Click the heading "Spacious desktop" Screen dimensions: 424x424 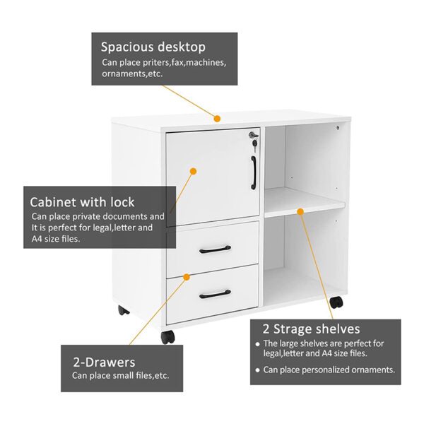[x=153, y=47]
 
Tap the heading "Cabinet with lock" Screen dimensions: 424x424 [x=82, y=202]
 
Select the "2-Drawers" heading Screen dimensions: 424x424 [x=104, y=363]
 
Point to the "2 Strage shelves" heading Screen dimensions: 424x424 [x=311, y=329]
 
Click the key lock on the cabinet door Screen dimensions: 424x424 [x=254, y=139]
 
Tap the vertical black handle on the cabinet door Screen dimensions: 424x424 [x=254, y=172]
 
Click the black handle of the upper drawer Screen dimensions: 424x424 [x=215, y=249]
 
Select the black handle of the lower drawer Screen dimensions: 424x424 [x=215, y=294]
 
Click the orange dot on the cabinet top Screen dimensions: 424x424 [x=217, y=119]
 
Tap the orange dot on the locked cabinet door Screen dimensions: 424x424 [x=193, y=171]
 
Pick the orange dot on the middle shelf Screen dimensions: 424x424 [x=300, y=211]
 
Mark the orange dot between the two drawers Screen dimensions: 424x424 [x=187, y=277]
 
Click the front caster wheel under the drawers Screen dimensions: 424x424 [x=167, y=337]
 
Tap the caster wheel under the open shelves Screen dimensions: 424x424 [x=336, y=302]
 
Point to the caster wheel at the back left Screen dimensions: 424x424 [x=123, y=310]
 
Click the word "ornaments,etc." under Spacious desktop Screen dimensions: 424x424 [x=132, y=73]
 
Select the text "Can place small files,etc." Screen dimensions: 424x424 [x=121, y=376]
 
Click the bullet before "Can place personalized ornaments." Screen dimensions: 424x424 [x=258, y=370]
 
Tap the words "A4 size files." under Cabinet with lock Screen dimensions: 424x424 [x=56, y=239]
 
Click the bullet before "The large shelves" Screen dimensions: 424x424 [x=258, y=345]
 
